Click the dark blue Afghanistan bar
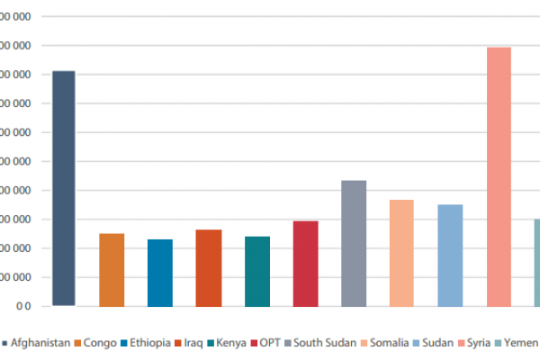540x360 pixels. pos(63,188)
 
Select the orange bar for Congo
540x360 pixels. pos(112,270)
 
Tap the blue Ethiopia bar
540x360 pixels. pos(160,273)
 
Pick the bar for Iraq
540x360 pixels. pos(209,268)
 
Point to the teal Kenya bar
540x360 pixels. pos(257,271)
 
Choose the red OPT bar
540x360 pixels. pos(306,264)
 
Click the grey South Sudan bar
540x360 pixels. pos(354,243)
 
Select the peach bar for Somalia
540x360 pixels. pos(401,253)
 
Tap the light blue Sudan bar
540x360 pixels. pos(450,256)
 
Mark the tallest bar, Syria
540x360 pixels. pos(499,176)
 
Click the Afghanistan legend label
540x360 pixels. pos(40,343)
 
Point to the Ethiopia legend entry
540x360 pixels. pos(150,343)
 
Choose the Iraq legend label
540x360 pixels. pos(193,343)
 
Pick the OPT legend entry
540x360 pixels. pos(271,343)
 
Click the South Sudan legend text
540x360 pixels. pos(323,343)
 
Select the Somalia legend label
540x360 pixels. pos(390,343)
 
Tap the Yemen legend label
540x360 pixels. pos(521,343)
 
